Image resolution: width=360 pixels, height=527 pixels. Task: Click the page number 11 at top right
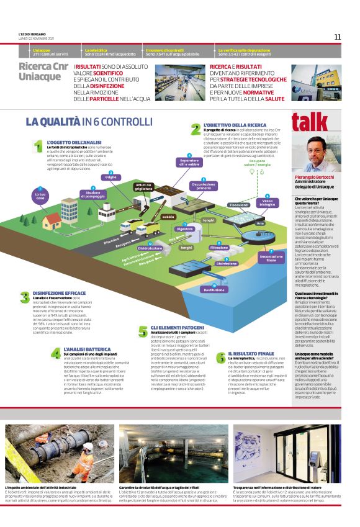pos(337,37)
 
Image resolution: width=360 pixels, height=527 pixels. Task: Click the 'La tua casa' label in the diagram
pos(40,196)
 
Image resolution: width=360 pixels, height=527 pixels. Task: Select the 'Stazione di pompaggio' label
pos(94,194)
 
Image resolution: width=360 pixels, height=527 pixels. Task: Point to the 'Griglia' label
pos(110,177)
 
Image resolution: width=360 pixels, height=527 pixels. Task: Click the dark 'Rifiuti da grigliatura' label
pos(143,187)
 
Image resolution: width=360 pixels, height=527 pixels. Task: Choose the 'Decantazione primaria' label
pos(204,185)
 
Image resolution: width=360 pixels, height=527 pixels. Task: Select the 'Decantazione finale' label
pos(271,258)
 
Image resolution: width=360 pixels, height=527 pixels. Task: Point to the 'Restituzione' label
pos(214,290)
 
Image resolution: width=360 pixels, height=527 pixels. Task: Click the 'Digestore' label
pos(184,228)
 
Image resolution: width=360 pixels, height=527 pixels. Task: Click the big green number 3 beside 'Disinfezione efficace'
pos(24,297)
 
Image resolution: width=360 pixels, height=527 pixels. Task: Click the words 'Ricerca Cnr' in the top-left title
pos(43,66)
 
